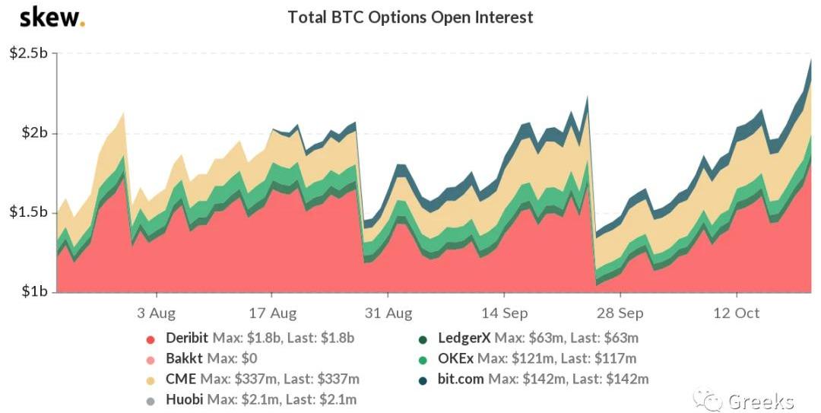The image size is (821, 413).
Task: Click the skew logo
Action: click(x=52, y=17)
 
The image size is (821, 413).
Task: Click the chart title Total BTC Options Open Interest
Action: click(x=410, y=17)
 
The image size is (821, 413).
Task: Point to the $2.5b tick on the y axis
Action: click(x=28, y=53)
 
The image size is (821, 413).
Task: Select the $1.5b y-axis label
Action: click(x=28, y=212)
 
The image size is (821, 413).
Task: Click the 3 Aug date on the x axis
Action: click(x=157, y=313)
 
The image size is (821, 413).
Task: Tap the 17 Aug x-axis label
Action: click(x=272, y=313)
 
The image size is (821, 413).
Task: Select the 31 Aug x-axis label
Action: click(x=388, y=313)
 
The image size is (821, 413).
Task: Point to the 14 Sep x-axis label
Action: click(x=504, y=313)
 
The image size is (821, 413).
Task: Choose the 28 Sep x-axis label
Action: click(x=620, y=313)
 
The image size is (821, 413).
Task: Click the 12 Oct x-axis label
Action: click(x=736, y=313)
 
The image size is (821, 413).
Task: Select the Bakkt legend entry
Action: click(x=181, y=358)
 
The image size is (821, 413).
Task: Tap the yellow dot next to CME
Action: click(x=151, y=379)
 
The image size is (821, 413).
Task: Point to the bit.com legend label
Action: click(x=461, y=379)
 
